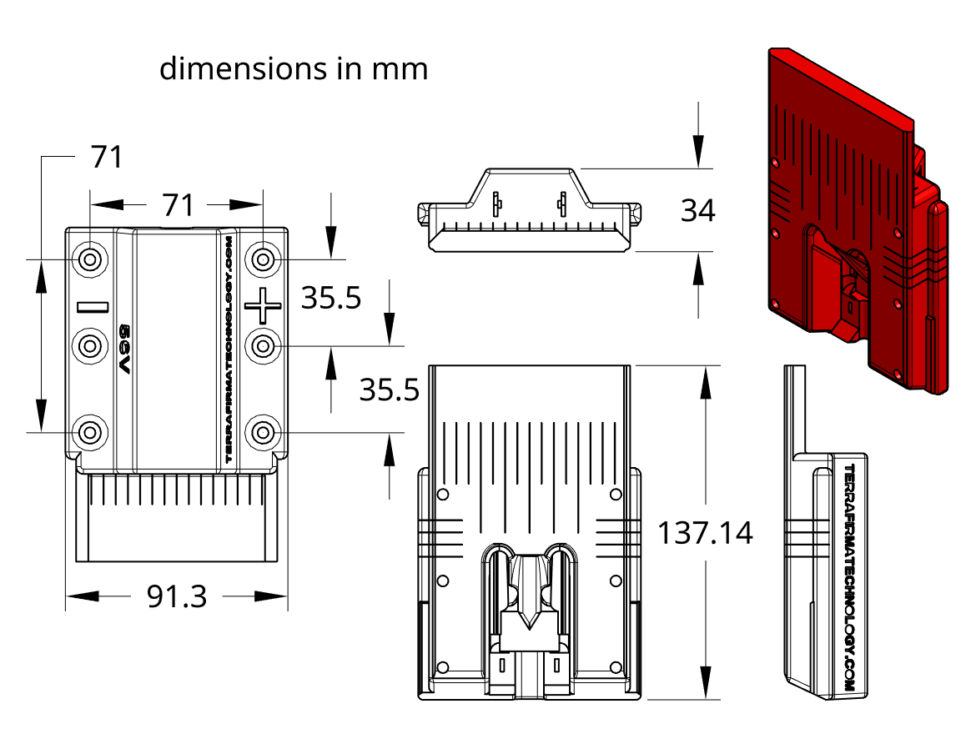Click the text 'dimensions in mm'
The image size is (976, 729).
(294, 68)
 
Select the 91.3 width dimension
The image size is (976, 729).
(177, 596)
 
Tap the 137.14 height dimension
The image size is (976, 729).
(705, 532)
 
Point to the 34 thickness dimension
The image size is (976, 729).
(697, 210)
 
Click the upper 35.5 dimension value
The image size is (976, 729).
(331, 298)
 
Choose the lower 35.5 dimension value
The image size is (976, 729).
(389, 390)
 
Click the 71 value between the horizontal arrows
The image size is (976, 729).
(178, 204)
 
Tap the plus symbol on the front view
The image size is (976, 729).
(264, 306)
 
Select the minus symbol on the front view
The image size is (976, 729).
(93, 306)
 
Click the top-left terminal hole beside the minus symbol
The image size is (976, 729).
(90, 259)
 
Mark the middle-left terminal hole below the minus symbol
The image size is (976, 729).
(90, 345)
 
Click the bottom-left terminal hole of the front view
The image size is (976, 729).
(90, 432)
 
